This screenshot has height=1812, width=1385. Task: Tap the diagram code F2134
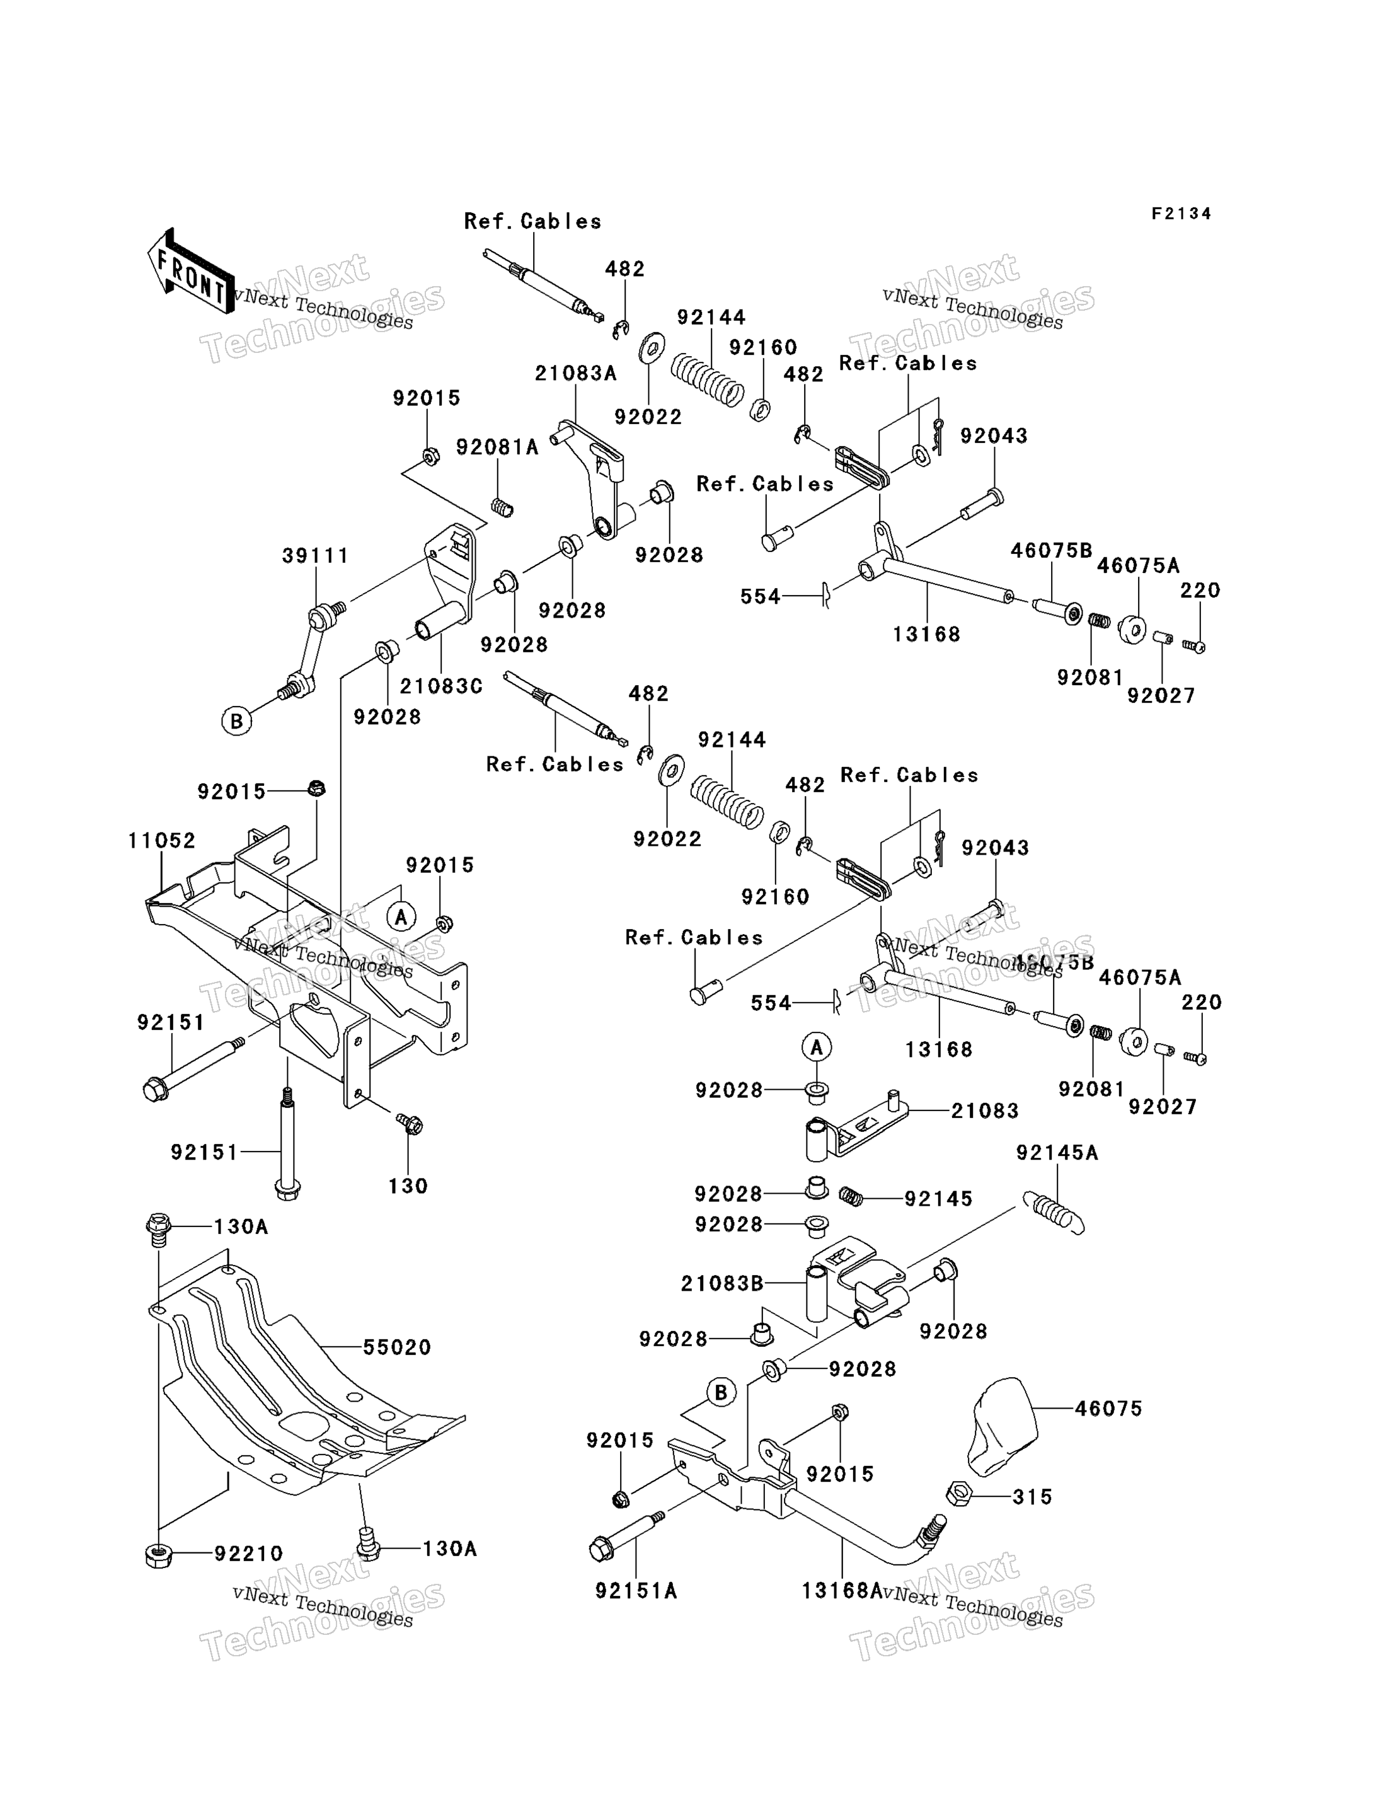1181,214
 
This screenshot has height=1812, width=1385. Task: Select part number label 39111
316,556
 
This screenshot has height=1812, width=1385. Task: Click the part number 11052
161,841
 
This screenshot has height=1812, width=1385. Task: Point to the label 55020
398,1347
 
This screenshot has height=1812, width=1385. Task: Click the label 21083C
441,686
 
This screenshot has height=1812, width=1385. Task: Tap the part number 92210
249,1553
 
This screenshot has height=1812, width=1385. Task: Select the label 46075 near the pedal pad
1109,1408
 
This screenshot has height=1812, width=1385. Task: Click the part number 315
1033,1496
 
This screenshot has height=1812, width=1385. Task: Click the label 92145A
1058,1153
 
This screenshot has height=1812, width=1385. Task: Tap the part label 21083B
722,1284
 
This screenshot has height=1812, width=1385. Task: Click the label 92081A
497,447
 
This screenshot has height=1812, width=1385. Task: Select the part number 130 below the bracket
408,1186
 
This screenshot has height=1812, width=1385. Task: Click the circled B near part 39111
236,722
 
